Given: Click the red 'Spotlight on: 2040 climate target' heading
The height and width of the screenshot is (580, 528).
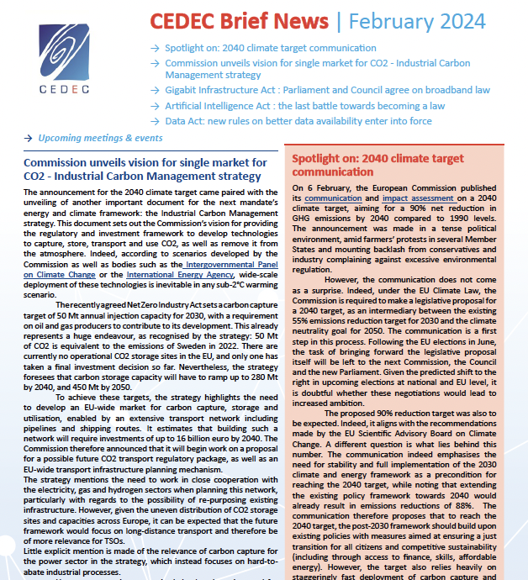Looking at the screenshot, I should [x=378, y=159].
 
